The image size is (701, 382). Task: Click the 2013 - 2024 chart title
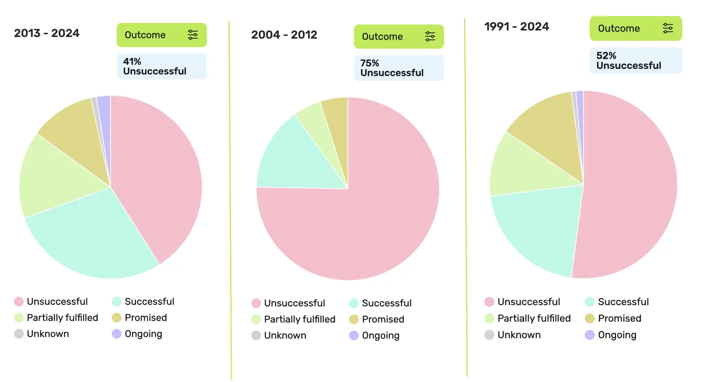coord(47,33)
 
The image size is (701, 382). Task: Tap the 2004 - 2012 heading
coord(284,35)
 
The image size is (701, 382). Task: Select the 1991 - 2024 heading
coord(517,26)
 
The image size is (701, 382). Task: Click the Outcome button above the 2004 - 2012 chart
coord(399,36)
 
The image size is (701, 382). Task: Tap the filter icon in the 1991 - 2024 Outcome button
coord(667,28)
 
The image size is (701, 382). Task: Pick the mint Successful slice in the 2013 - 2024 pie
coord(92,236)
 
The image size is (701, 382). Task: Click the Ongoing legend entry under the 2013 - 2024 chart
coord(137,334)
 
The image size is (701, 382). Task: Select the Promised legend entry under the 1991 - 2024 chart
coord(613,318)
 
